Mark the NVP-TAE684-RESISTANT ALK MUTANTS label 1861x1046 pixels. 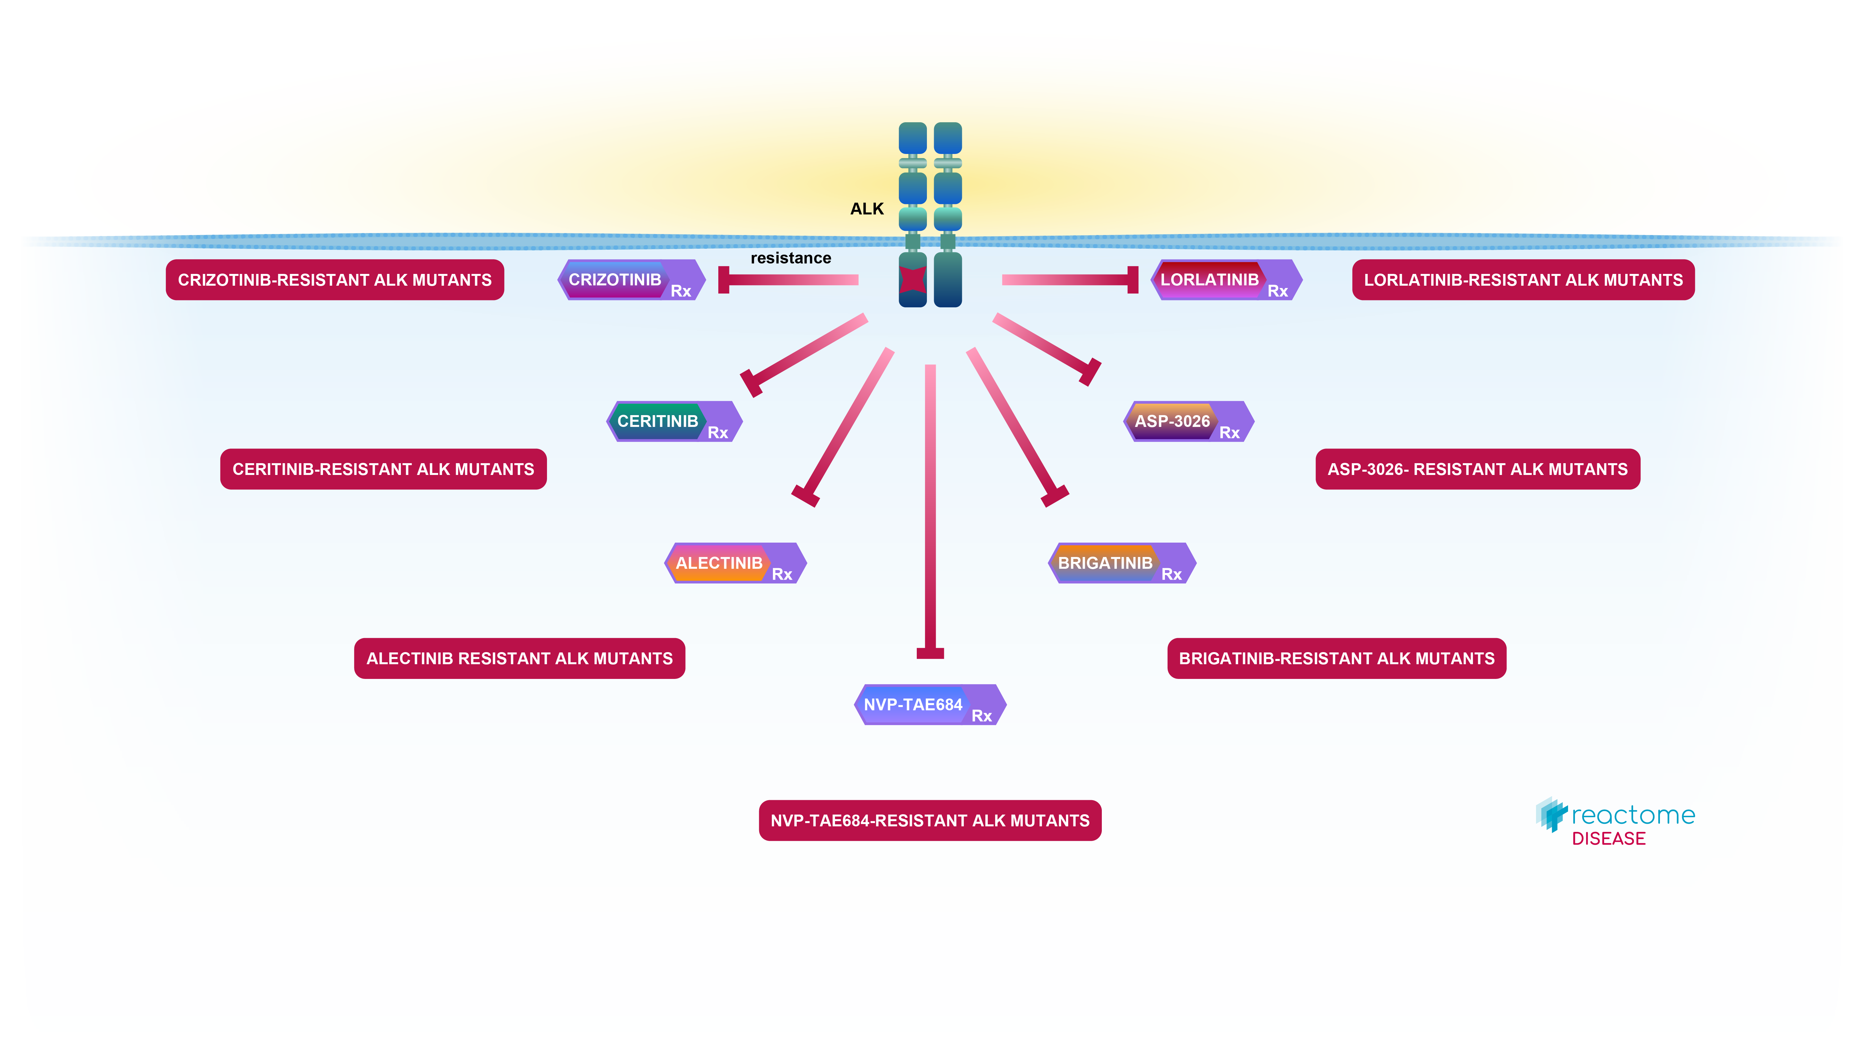click(x=930, y=820)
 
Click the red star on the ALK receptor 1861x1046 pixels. click(x=913, y=279)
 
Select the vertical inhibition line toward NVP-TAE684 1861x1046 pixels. click(x=930, y=506)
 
